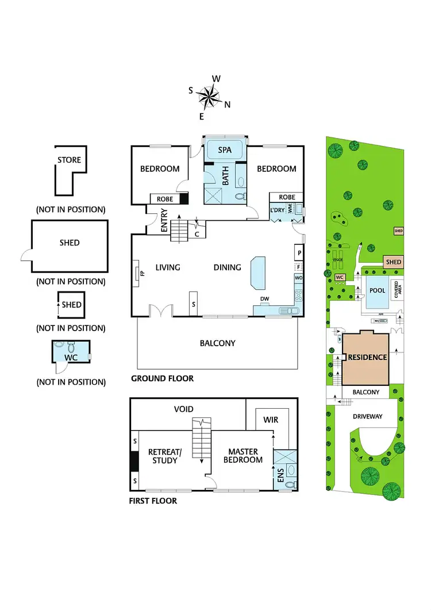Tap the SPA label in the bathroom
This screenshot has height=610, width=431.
pyautogui.click(x=225, y=150)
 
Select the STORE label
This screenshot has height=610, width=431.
pyautogui.click(x=69, y=160)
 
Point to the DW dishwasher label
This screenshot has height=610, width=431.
pyautogui.click(x=265, y=298)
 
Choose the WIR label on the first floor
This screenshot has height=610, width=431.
pyautogui.click(x=270, y=420)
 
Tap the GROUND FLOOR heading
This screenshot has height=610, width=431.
pyautogui.click(x=162, y=379)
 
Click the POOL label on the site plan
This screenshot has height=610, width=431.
pyautogui.click(x=377, y=290)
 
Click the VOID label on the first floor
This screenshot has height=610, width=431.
pyautogui.click(x=184, y=409)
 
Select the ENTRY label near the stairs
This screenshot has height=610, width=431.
pyautogui.click(x=164, y=221)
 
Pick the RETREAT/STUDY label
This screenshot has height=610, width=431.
pyautogui.click(x=165, y=456)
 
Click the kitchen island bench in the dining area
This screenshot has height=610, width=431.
pyautogui.click(x=257, y=274)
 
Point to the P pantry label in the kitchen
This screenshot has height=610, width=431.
pyautogui.click(x=298, y=252)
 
